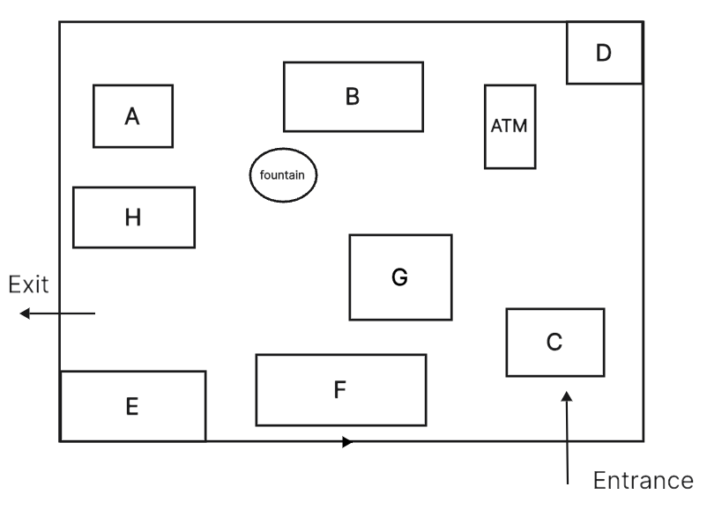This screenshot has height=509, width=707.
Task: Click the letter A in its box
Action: coord(132,116)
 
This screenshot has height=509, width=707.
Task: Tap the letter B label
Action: coord(353,97)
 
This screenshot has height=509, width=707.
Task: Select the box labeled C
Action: coord(555,343)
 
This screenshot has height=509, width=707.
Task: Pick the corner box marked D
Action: coord(605,53)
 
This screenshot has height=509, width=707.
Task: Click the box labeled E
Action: coord(133,406)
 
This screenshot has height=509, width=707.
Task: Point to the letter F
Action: coord(340,389)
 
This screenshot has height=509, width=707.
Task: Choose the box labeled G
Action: coord(400,277)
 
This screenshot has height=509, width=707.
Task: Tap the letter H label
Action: coord(133,218)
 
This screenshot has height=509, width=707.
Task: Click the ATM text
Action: coord(509,126)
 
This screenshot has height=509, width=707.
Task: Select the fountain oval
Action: coord(283,174)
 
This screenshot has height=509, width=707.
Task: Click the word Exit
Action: coord(28,284)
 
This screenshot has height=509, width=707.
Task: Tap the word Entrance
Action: coord(644,480)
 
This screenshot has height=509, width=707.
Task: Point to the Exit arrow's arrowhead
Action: coord(25,313)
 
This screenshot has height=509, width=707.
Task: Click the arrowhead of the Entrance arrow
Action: coord(567,396)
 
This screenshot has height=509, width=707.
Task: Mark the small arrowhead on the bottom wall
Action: coord(347,442)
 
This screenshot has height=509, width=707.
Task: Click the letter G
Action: coord(400,277)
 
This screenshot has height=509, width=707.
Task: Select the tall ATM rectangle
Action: coord(510,127)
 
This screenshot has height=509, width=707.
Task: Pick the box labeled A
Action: coord(133,115)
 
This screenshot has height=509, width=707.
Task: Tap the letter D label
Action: coord(604,53)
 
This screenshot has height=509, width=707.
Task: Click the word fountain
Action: coord(282,174)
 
